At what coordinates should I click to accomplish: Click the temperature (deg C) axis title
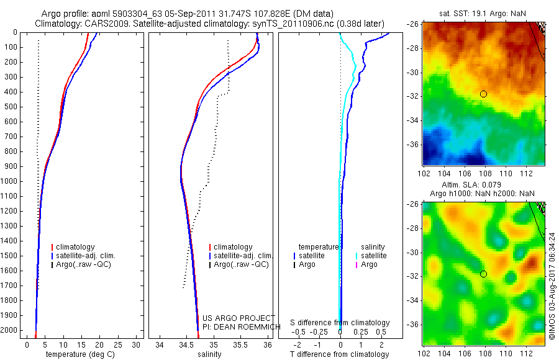81,354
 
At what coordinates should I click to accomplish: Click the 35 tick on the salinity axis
214,344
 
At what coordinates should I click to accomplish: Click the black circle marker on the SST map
483,94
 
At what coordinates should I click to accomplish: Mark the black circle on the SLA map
483,274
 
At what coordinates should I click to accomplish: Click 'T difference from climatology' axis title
340,354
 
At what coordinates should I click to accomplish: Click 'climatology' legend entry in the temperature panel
75,247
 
